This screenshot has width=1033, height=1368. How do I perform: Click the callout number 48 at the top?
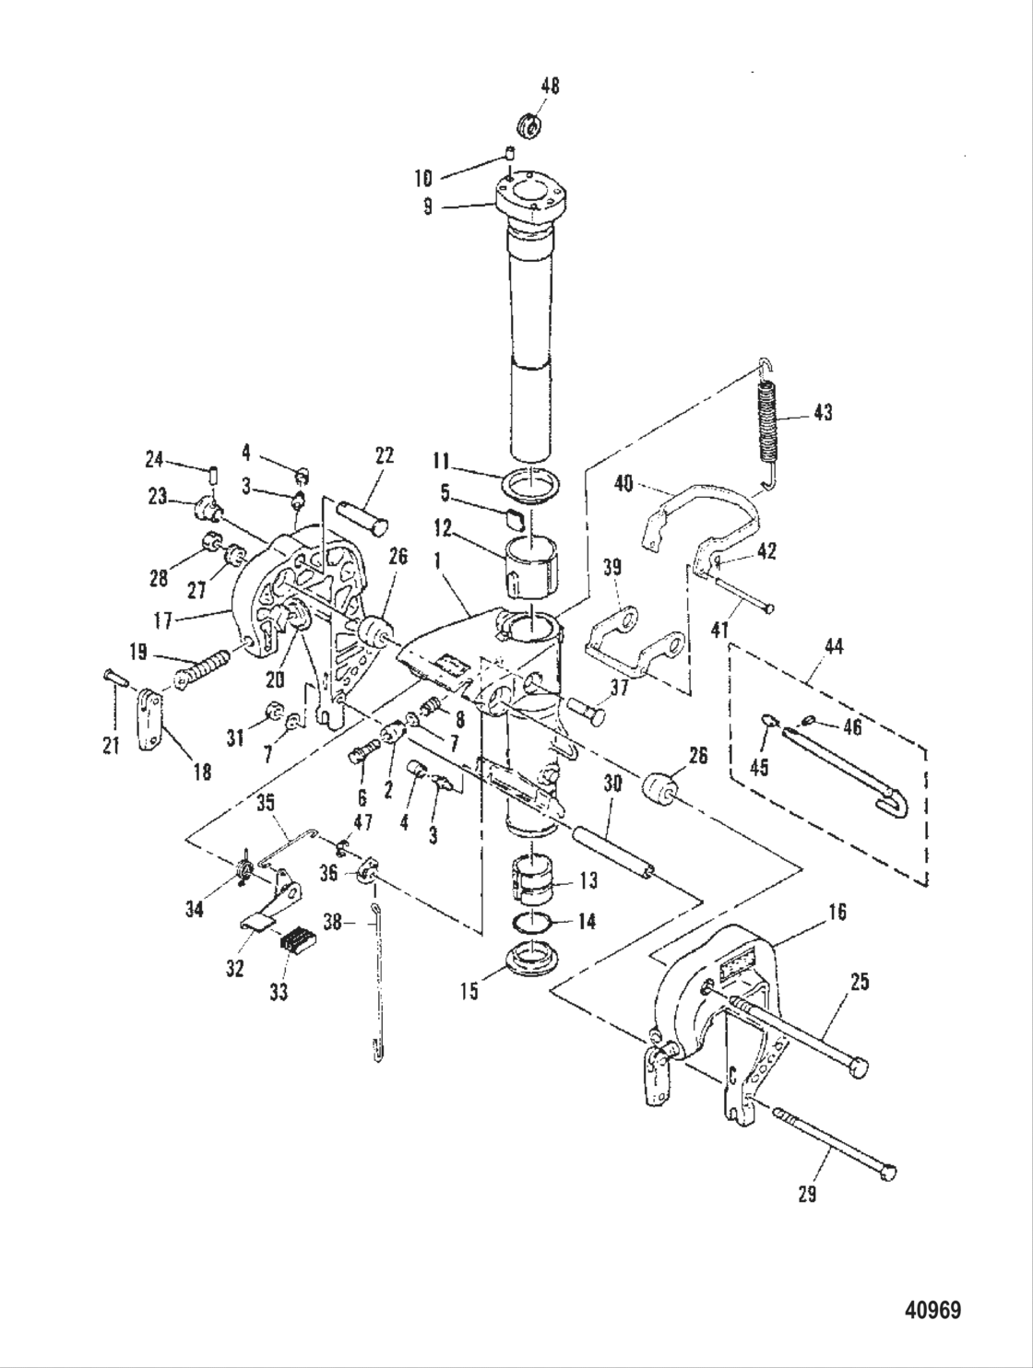550,86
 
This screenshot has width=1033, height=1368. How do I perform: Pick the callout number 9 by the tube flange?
427,207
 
